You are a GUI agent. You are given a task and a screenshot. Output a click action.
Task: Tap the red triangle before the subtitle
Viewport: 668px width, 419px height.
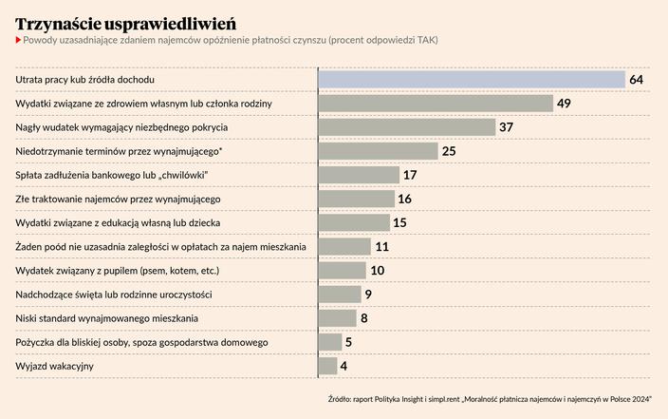(18, 40)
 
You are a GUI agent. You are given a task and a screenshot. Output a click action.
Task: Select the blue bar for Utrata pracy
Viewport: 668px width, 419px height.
(471, 79)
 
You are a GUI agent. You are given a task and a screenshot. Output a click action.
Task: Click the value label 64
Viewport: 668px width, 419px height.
(637, 79)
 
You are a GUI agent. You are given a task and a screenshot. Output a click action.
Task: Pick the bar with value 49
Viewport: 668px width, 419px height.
(435, 103)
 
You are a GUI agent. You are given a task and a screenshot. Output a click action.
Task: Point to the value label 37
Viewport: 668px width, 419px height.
(506, 126)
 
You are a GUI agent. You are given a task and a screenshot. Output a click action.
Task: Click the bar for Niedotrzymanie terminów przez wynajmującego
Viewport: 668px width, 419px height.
(378, 150)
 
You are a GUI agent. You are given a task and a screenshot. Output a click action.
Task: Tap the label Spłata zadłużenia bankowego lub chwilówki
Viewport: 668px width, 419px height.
(112, 175)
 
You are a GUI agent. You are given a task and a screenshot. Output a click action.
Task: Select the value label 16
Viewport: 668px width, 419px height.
(405, 199)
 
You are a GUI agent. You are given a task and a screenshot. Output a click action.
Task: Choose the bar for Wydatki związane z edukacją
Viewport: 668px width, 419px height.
(353, 222)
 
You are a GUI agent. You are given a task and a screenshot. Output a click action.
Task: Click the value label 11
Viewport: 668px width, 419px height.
(382, 246)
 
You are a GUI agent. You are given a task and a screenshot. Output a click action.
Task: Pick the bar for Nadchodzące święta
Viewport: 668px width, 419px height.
(339, 295)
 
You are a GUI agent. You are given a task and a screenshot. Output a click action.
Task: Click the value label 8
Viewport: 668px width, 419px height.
(364, 318)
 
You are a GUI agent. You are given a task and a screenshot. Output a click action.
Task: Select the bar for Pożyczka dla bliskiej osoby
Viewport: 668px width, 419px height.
(329, 342)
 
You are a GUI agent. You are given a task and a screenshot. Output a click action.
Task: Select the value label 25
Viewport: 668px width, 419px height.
(449, 150)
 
